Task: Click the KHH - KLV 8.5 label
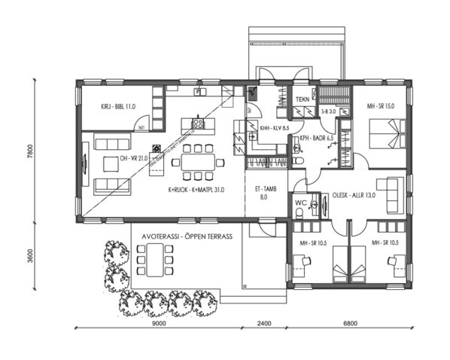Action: point(270,129)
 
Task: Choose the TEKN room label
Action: point(303,99)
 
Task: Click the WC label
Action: point(300,203)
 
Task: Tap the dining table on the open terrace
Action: point(156,260)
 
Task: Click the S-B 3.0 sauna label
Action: point(328,112)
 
